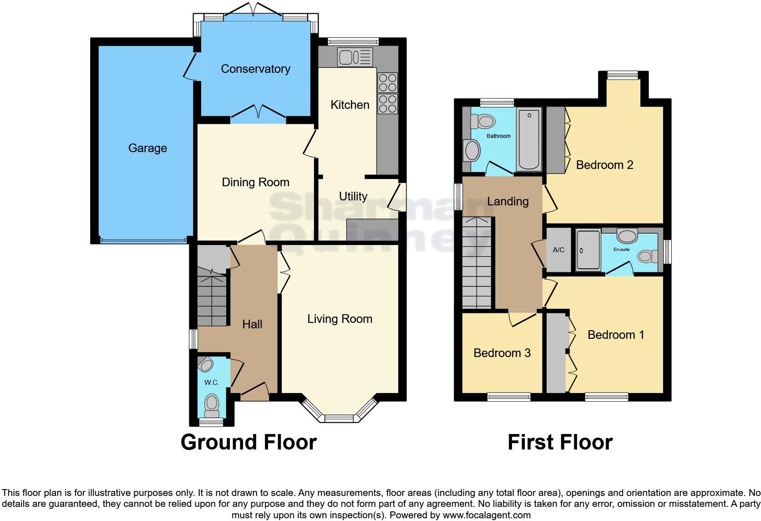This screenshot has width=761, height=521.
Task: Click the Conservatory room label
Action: pyautogui.click(x=255, y=69)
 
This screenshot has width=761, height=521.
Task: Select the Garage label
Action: pyautogui.click(x=147, y=148)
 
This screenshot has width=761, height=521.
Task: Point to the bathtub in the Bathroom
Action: pyautogui.click(x=529, y=139)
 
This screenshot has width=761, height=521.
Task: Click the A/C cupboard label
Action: pyautogui.click(x=558, y=250)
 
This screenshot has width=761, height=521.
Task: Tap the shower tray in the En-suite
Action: pyautogui.click(x=588, y=250)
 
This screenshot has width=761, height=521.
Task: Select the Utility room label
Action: pyautogui.click(x=353, y=196)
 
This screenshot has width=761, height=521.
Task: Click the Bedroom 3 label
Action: pyautogui.click(x=502, y=353)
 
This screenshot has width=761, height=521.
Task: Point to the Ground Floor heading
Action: pyautogui.click(x=249, y=442)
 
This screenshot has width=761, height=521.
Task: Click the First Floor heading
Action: pyautogui.click(x=560, y=442)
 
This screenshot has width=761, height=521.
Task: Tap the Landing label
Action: pyautogui.click(x=508, y=201)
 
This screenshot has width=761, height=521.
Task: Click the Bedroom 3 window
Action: pyautogui.click(x=509, y=397)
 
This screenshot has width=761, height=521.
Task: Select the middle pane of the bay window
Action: pyautogui.click(x=339, y=418)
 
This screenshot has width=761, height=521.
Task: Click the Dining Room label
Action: pyautogui.click(x=255, y=182)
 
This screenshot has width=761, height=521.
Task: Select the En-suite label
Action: pyautogui.click(x=621, y=250)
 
